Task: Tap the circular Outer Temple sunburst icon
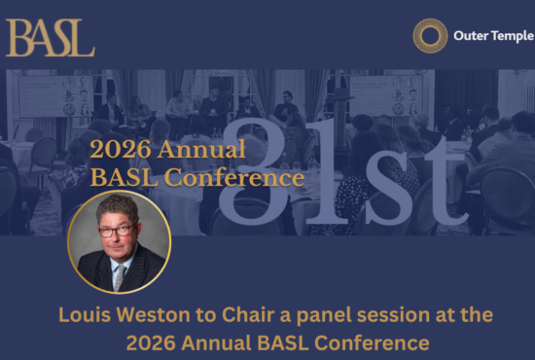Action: click(x=430, y=36)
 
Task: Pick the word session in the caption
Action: click(x=415, y=315)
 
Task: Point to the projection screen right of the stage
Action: click(x=385, y=94)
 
